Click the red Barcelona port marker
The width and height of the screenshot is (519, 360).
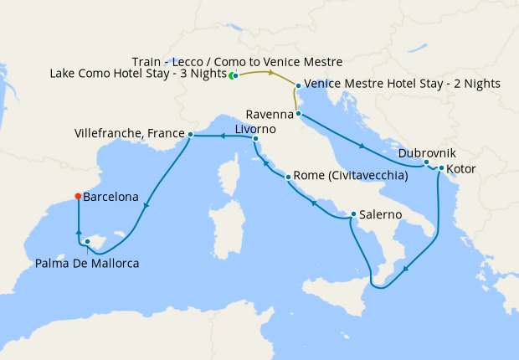(x=77, y=197)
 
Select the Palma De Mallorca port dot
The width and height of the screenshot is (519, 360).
(x=87, y=242)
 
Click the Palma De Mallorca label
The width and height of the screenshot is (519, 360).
(x=87, y=263)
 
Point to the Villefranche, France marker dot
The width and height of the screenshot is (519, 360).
(x=191, y=134)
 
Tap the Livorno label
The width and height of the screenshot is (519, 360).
(x=254, y=130)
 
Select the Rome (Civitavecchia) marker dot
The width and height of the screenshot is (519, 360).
(x=289, y=177)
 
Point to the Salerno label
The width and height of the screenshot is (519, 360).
(x=383, y=215)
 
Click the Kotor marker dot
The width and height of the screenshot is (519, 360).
(x=441, y=168)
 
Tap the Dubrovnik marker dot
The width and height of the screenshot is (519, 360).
(x=427, y=162)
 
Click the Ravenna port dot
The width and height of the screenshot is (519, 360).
(x=299, y=113)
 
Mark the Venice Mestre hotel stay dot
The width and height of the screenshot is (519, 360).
(x=298, y=85)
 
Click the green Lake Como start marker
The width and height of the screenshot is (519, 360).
(x=233, y=75)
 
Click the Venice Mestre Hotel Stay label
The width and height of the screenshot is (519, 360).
(x=403, y=84)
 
